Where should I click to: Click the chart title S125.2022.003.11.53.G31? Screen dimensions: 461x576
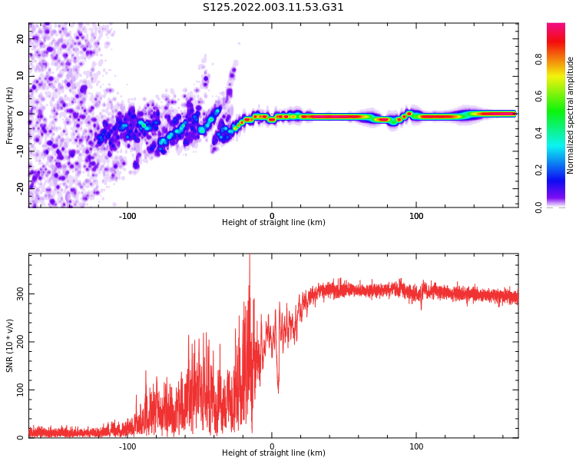273,7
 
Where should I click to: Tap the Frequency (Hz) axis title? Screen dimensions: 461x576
10,115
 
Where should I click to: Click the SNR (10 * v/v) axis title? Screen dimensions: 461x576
10,345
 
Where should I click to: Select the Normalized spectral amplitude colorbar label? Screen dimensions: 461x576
571,114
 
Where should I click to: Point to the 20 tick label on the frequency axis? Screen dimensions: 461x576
21,39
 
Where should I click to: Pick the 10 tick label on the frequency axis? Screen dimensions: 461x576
21,76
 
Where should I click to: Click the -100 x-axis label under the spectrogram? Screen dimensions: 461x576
127,216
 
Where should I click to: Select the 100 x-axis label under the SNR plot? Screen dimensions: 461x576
416,446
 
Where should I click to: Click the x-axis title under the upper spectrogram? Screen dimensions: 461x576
273,223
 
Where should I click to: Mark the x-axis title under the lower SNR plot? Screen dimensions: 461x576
273,453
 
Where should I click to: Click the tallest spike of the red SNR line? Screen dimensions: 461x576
249,257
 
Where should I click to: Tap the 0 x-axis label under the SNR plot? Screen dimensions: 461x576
272,446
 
